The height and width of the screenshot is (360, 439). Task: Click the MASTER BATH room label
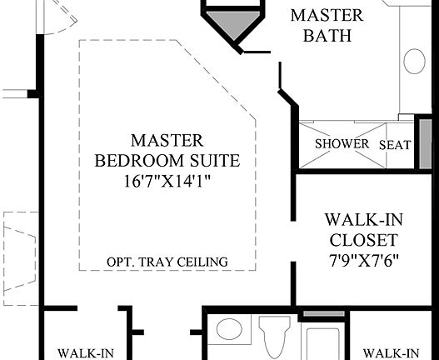coord(326,26)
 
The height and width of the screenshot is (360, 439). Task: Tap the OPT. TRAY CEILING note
coord(167,262)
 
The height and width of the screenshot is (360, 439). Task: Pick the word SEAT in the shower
coord(395,145)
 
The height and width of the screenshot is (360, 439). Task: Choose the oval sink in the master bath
coord(415,61)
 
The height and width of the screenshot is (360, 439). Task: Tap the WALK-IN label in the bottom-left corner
coord(86,352)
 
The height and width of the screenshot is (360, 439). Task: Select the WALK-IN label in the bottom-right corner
coord(391,352)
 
